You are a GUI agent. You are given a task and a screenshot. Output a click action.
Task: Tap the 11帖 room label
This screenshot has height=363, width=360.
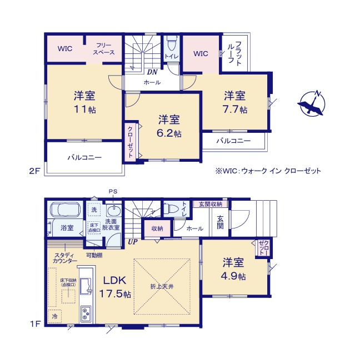[84, 101]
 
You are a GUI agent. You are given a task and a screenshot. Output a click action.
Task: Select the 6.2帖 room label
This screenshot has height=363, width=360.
[169, 126]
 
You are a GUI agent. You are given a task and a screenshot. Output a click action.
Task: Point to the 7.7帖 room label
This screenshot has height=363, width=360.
[235, 101]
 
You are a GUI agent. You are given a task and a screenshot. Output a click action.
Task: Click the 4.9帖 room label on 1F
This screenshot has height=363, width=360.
[235, 268]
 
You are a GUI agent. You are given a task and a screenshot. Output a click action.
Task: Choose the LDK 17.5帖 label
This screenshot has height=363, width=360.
[114, 287]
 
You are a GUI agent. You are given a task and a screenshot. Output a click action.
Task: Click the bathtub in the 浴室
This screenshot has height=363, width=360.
[66, 211]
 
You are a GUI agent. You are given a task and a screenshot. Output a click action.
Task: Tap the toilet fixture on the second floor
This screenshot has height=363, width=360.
[171, 44]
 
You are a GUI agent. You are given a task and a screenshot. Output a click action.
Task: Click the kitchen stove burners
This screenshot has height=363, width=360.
[87, 315]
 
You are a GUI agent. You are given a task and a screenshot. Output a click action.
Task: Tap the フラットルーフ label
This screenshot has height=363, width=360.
[238, 54]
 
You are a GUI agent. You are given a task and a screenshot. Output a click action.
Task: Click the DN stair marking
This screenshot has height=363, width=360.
[151, 72]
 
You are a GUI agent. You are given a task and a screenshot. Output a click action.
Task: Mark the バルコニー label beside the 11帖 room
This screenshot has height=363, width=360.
[84, 158]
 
